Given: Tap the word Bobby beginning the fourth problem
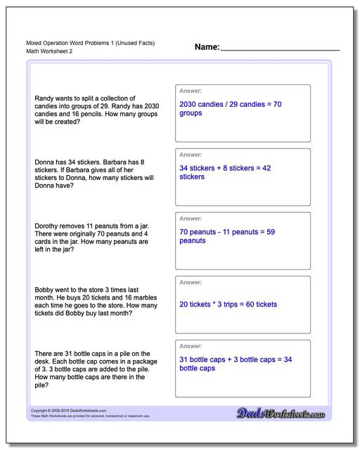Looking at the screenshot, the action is tap(44, 289).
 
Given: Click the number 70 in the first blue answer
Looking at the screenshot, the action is tap(276, 104).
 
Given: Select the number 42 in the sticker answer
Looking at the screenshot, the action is tap(266, 168).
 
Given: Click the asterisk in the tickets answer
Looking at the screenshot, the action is tap(213, 304).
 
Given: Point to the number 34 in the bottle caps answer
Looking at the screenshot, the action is tap(288, 359).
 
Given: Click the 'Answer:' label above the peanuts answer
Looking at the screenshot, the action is tap(191, 218).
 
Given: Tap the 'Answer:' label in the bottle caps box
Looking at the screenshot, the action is tap(191, 346).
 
